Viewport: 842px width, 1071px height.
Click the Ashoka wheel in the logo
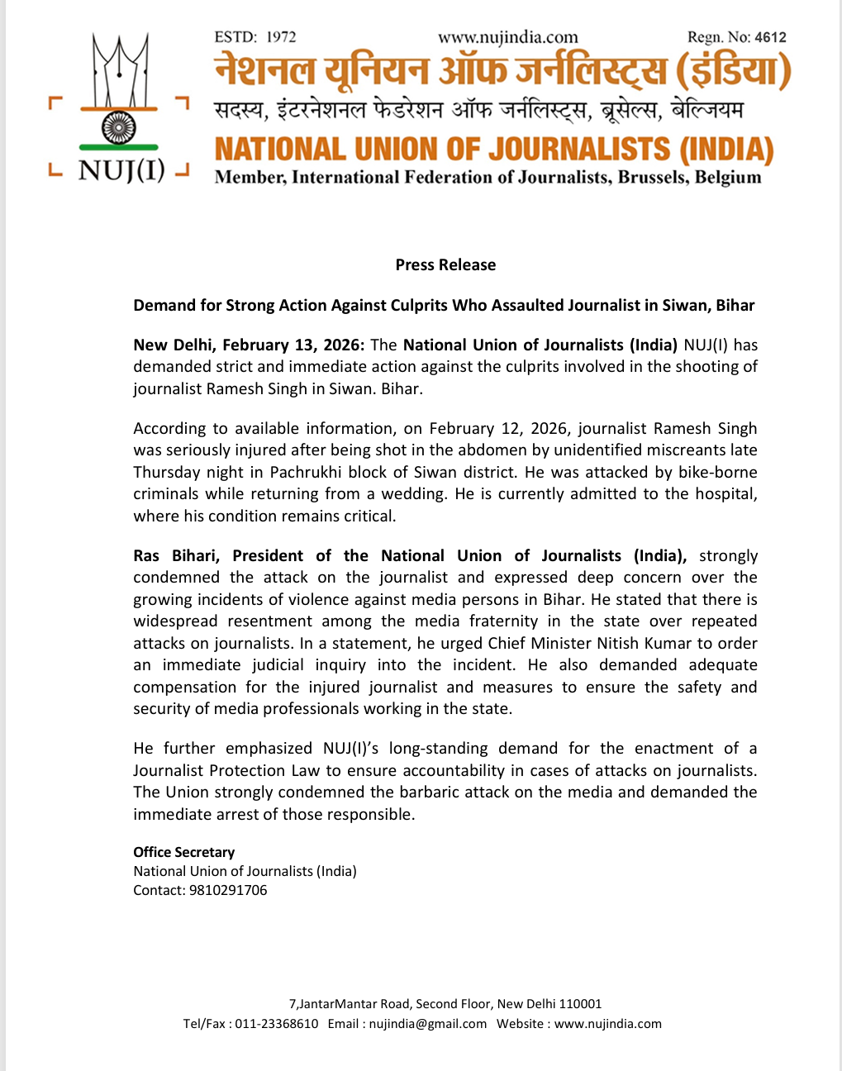(118, 128)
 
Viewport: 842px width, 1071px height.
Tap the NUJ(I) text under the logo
(121, 171)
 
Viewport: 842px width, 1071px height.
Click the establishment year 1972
(281, 37)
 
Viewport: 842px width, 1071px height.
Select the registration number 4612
(770, 37)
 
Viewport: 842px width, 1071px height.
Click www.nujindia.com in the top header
(507, 37)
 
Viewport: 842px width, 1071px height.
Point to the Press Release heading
(445, 265)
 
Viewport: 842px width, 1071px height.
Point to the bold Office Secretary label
(184, 852)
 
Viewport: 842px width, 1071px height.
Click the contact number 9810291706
(228, 891)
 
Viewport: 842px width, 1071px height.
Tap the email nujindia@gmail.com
(428, 1024)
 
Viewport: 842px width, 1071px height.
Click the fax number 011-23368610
(277, 1024)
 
